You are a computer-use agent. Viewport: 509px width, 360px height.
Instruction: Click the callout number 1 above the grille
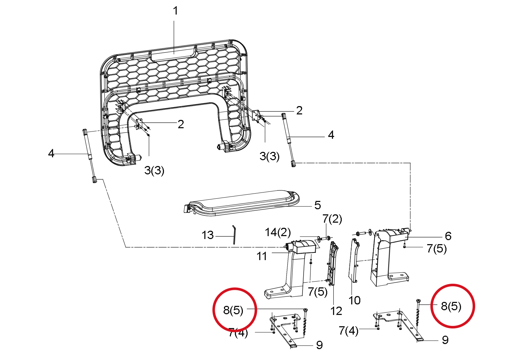point(175,11)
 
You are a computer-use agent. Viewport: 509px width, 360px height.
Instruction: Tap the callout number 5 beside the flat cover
point(317,205)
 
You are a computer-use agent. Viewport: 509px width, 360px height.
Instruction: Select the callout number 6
point(448,236)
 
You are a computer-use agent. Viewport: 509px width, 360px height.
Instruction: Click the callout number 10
point(354,300)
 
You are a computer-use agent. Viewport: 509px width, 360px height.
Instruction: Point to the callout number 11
point(261,256)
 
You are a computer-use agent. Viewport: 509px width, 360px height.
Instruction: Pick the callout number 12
point(336,311)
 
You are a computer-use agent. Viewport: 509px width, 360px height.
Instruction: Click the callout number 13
point(208,235)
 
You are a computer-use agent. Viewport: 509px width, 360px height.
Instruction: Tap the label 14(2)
point(278,232)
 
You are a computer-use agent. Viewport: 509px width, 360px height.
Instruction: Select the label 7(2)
point(332,219)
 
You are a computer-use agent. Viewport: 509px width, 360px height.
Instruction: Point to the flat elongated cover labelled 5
point(241,203)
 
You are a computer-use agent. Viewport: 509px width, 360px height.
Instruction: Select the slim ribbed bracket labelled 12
point(332,263)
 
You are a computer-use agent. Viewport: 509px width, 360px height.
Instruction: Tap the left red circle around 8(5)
point(235,310)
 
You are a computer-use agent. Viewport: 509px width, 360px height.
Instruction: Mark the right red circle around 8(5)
point(453,306)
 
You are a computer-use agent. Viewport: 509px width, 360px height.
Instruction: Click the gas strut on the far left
point(90,156)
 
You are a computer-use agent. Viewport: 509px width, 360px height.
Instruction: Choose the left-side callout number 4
point(51,153)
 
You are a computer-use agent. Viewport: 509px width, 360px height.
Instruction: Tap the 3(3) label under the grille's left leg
point(154,170)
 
